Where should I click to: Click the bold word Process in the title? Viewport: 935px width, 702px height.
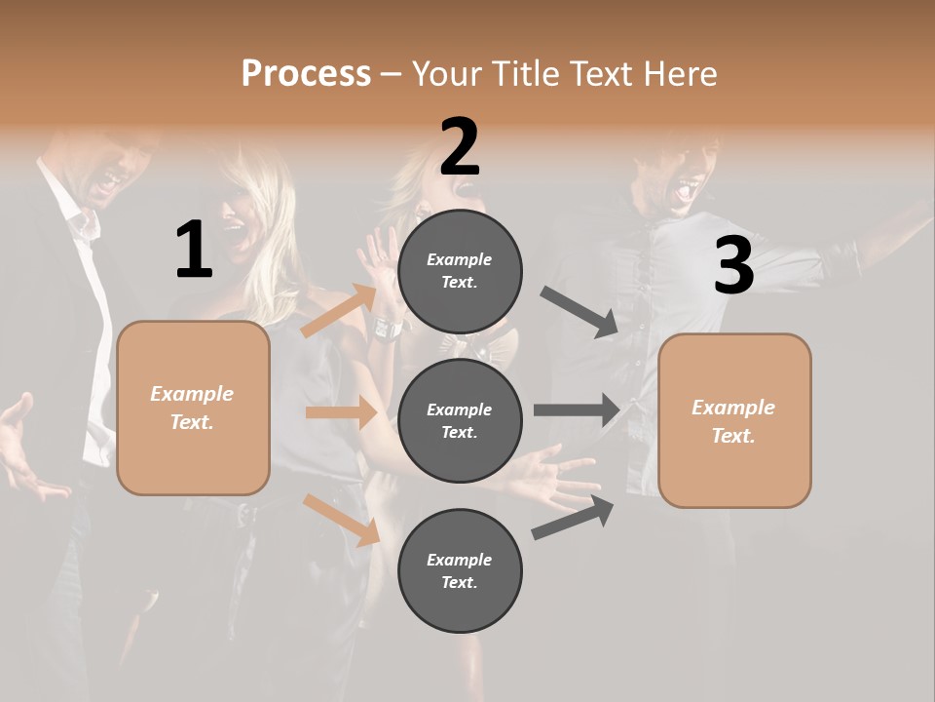[306, 74]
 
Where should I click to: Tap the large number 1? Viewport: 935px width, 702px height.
[194, 250]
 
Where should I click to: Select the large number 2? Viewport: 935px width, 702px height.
[460, 146]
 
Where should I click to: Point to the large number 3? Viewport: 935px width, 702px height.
[733, 266]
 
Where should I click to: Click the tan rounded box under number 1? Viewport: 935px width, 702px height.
[193, 408]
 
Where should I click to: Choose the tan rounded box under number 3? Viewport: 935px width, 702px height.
[734, 421]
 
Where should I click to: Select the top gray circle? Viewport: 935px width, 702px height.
[460, 271]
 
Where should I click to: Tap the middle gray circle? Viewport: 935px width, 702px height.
[460, 420]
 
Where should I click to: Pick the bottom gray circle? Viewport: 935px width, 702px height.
[460, 570]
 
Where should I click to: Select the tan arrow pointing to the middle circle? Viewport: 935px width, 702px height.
[341, 412]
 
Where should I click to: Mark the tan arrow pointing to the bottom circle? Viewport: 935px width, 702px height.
[341, 520]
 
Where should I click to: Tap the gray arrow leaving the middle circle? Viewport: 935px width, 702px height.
[577, 410]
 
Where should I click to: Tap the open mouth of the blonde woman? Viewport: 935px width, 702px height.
[235, 233]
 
